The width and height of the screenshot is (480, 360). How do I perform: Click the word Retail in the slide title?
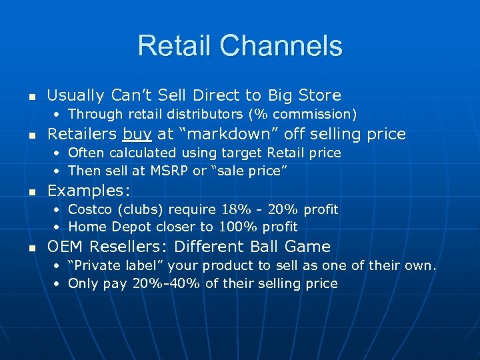[x=175, y=46]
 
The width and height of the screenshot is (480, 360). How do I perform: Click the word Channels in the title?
[x=281, y=46]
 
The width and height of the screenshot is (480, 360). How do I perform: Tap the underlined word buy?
[x=138, y=135]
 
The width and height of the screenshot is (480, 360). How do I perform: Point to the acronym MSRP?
[x=171, y=171]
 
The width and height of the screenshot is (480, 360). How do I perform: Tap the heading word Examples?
[x=89, y=191]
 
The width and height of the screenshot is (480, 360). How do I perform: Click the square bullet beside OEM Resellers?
[x=27, y=248]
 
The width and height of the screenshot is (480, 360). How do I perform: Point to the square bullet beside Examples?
[x=27, y=191]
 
